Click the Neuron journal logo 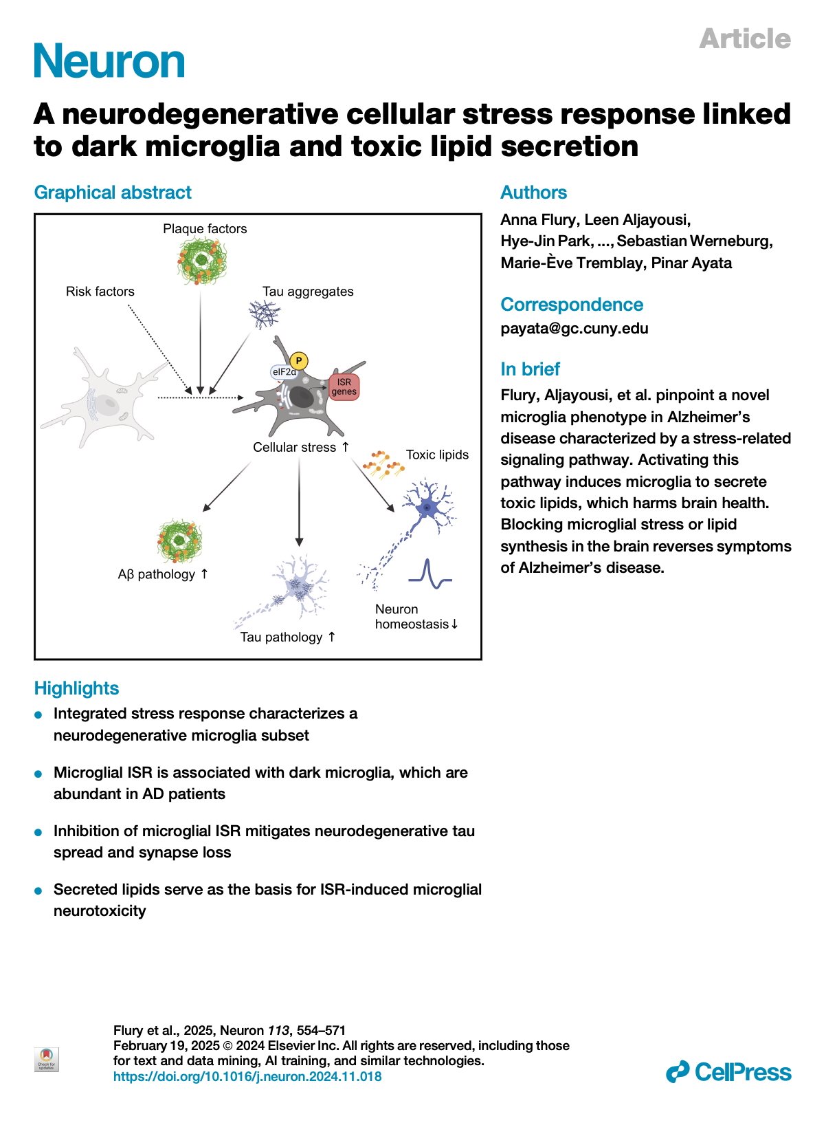tap(109, 61)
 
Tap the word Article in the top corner tap(745, 39)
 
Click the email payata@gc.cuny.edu tap(574, 329)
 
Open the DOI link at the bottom tap(247, 1077)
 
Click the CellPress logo tap(728, 1072)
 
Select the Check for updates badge tap(47, 1059)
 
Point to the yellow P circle tap(298, 360)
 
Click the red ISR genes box tap(344, 387)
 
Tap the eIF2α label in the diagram tap(284, 372)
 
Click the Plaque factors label tap(205, 229)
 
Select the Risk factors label tap(100, 292)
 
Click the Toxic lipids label tap(437, 455)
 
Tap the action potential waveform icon tap(429, 575)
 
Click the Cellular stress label tap(295, 448)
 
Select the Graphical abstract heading tap(113, 193)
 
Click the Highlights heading tap(76, 688)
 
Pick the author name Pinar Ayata tap(691, 263)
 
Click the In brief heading tap(530, 369)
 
